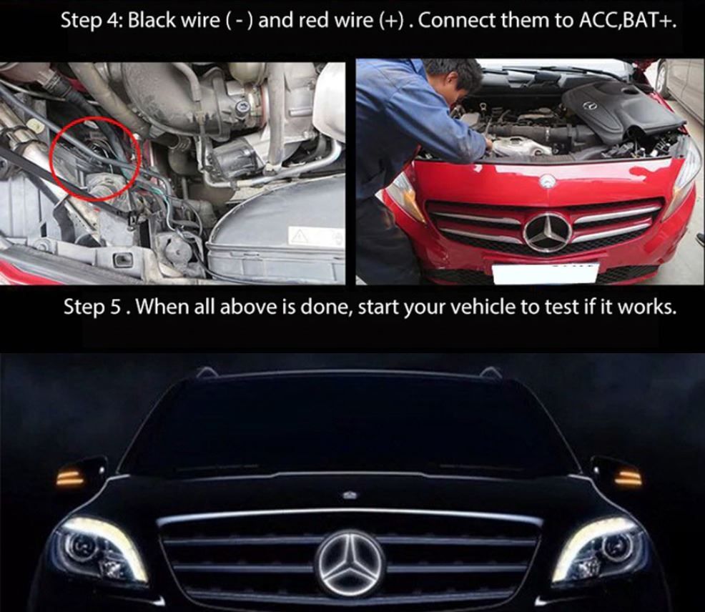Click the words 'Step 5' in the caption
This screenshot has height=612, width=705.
92,307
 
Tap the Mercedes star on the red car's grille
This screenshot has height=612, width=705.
548,232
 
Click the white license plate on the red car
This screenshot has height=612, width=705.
545,273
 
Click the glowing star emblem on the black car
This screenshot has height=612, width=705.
351,563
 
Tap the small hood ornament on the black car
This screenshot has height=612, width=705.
350,495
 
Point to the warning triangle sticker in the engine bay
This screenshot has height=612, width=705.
297,235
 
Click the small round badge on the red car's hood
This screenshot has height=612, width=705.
547,182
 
